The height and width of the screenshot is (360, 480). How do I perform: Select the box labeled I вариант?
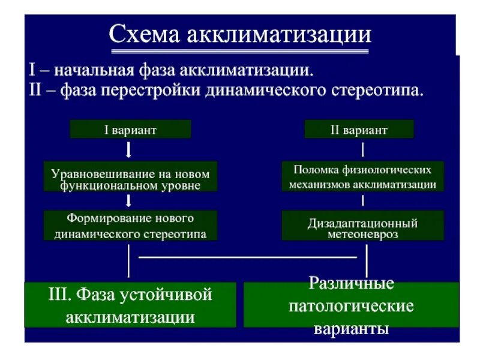pyautogui.click(x=130, y=130)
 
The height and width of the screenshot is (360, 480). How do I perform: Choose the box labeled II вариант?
pyautogui.click(x=359, y=130)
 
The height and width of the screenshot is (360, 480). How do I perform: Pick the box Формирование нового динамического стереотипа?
pyautogui.click(x=130, y=226)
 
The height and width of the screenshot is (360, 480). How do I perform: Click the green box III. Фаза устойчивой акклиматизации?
pyautogui.click(x=130, y=305)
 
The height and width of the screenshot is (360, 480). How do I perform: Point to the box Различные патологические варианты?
pyautogui.click(x=351, y=305)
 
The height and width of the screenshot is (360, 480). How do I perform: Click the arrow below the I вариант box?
pyautogui.click(x=130, y=150)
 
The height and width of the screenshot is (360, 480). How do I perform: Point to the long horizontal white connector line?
pyautogui.click(x=247, y=256)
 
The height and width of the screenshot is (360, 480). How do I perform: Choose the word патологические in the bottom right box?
pyautogui.click(x=351, y=306)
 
